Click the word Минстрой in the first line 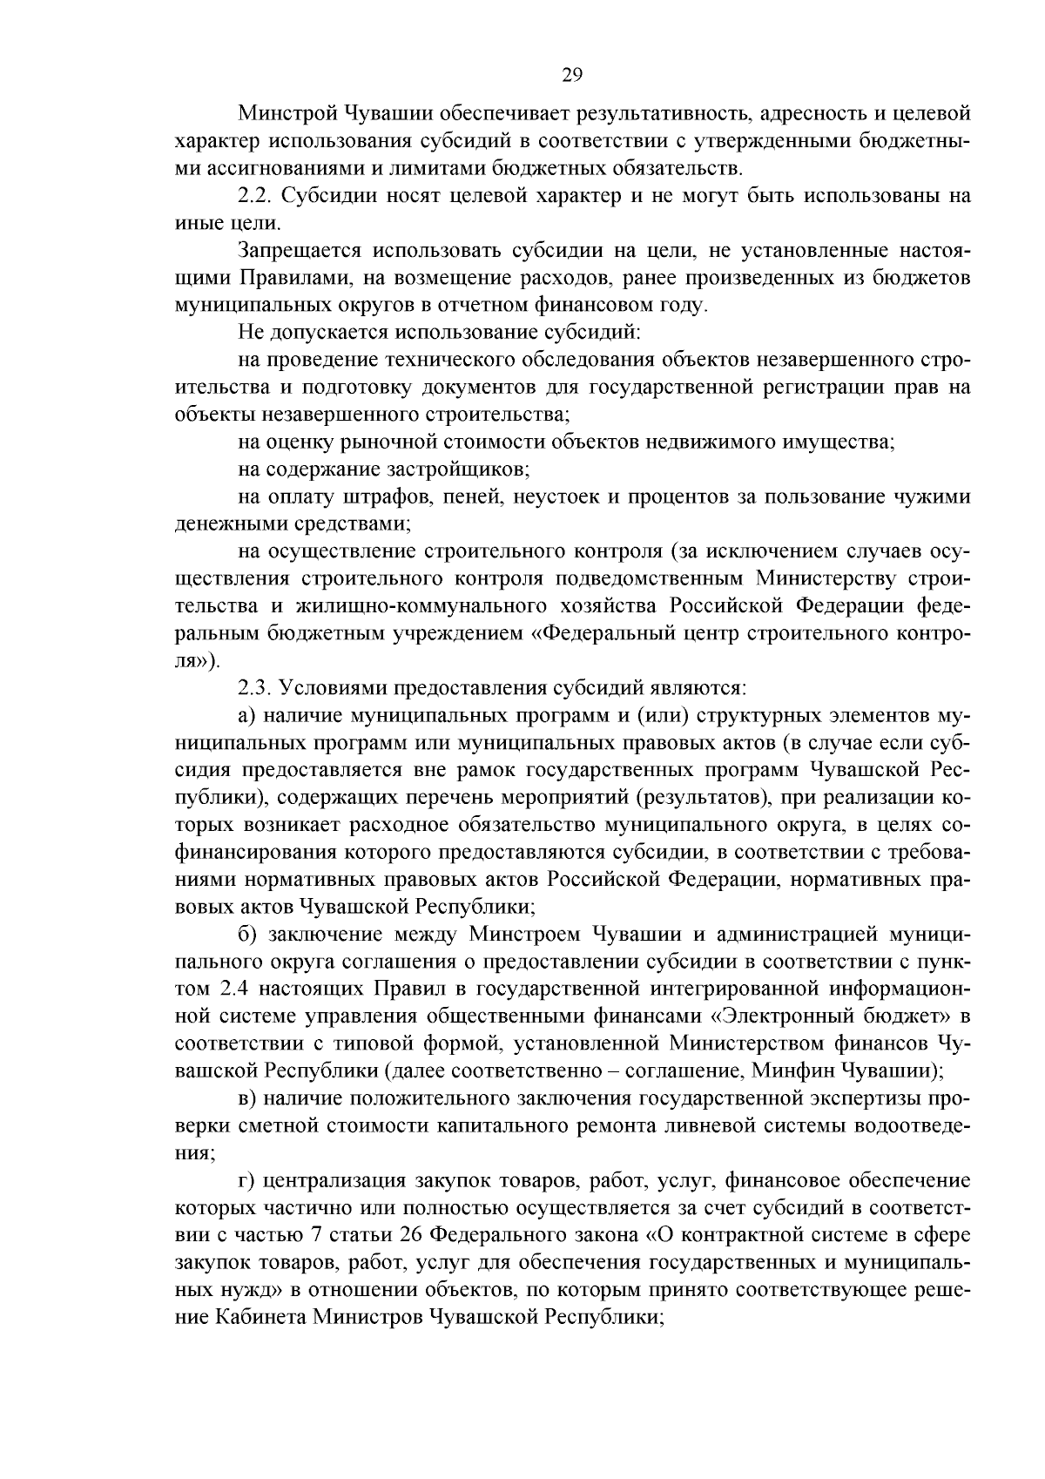(x=285, y=113)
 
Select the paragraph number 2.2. (x=255, y=195)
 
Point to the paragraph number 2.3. (x=255, y=688)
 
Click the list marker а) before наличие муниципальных (x=248, y=715)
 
